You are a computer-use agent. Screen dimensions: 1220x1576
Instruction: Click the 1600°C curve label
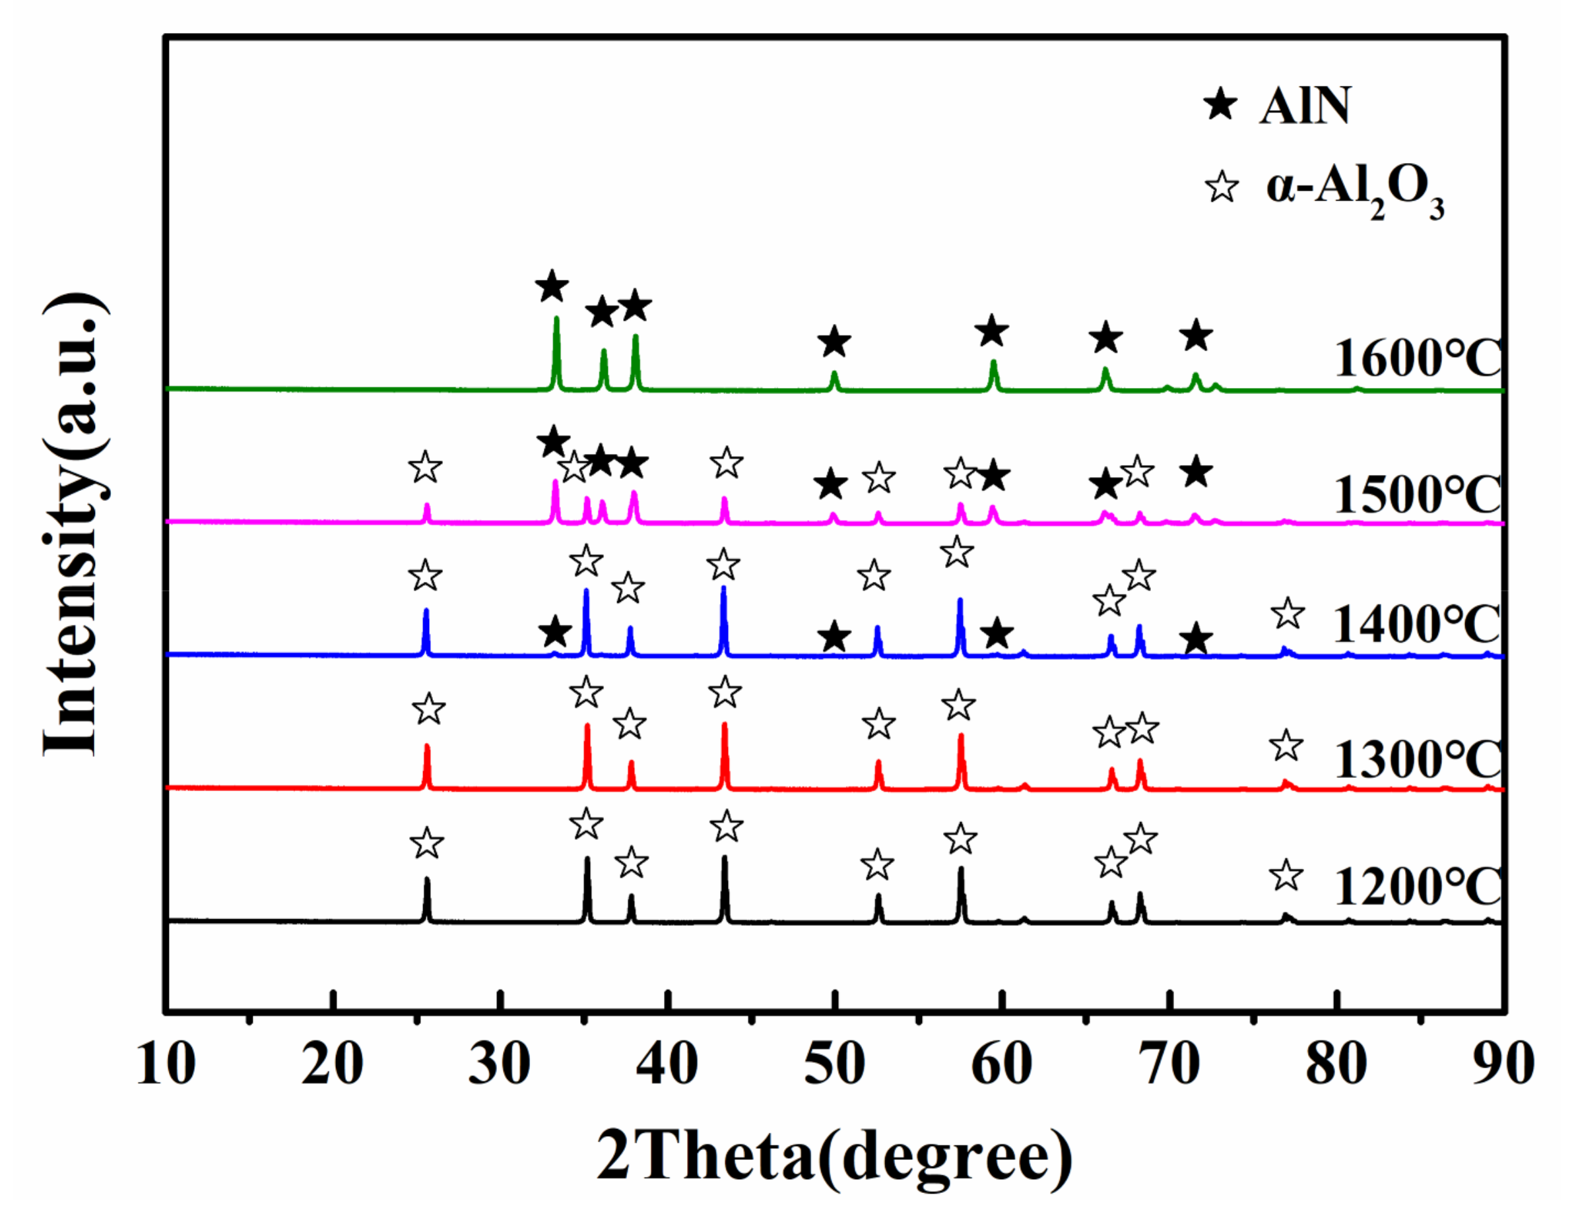point(1417,358)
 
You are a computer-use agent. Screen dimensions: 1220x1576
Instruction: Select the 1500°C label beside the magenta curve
point(1417,494)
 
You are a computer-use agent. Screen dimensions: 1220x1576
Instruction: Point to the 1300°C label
point(1417,759)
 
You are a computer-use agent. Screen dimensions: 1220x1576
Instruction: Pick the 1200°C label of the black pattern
point(1417,887)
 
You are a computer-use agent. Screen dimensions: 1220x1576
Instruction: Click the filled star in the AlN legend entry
point(1220,106)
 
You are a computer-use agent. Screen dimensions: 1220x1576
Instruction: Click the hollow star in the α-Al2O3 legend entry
point(1222,187)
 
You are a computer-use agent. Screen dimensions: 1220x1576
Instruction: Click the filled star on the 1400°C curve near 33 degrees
point(555,632)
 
